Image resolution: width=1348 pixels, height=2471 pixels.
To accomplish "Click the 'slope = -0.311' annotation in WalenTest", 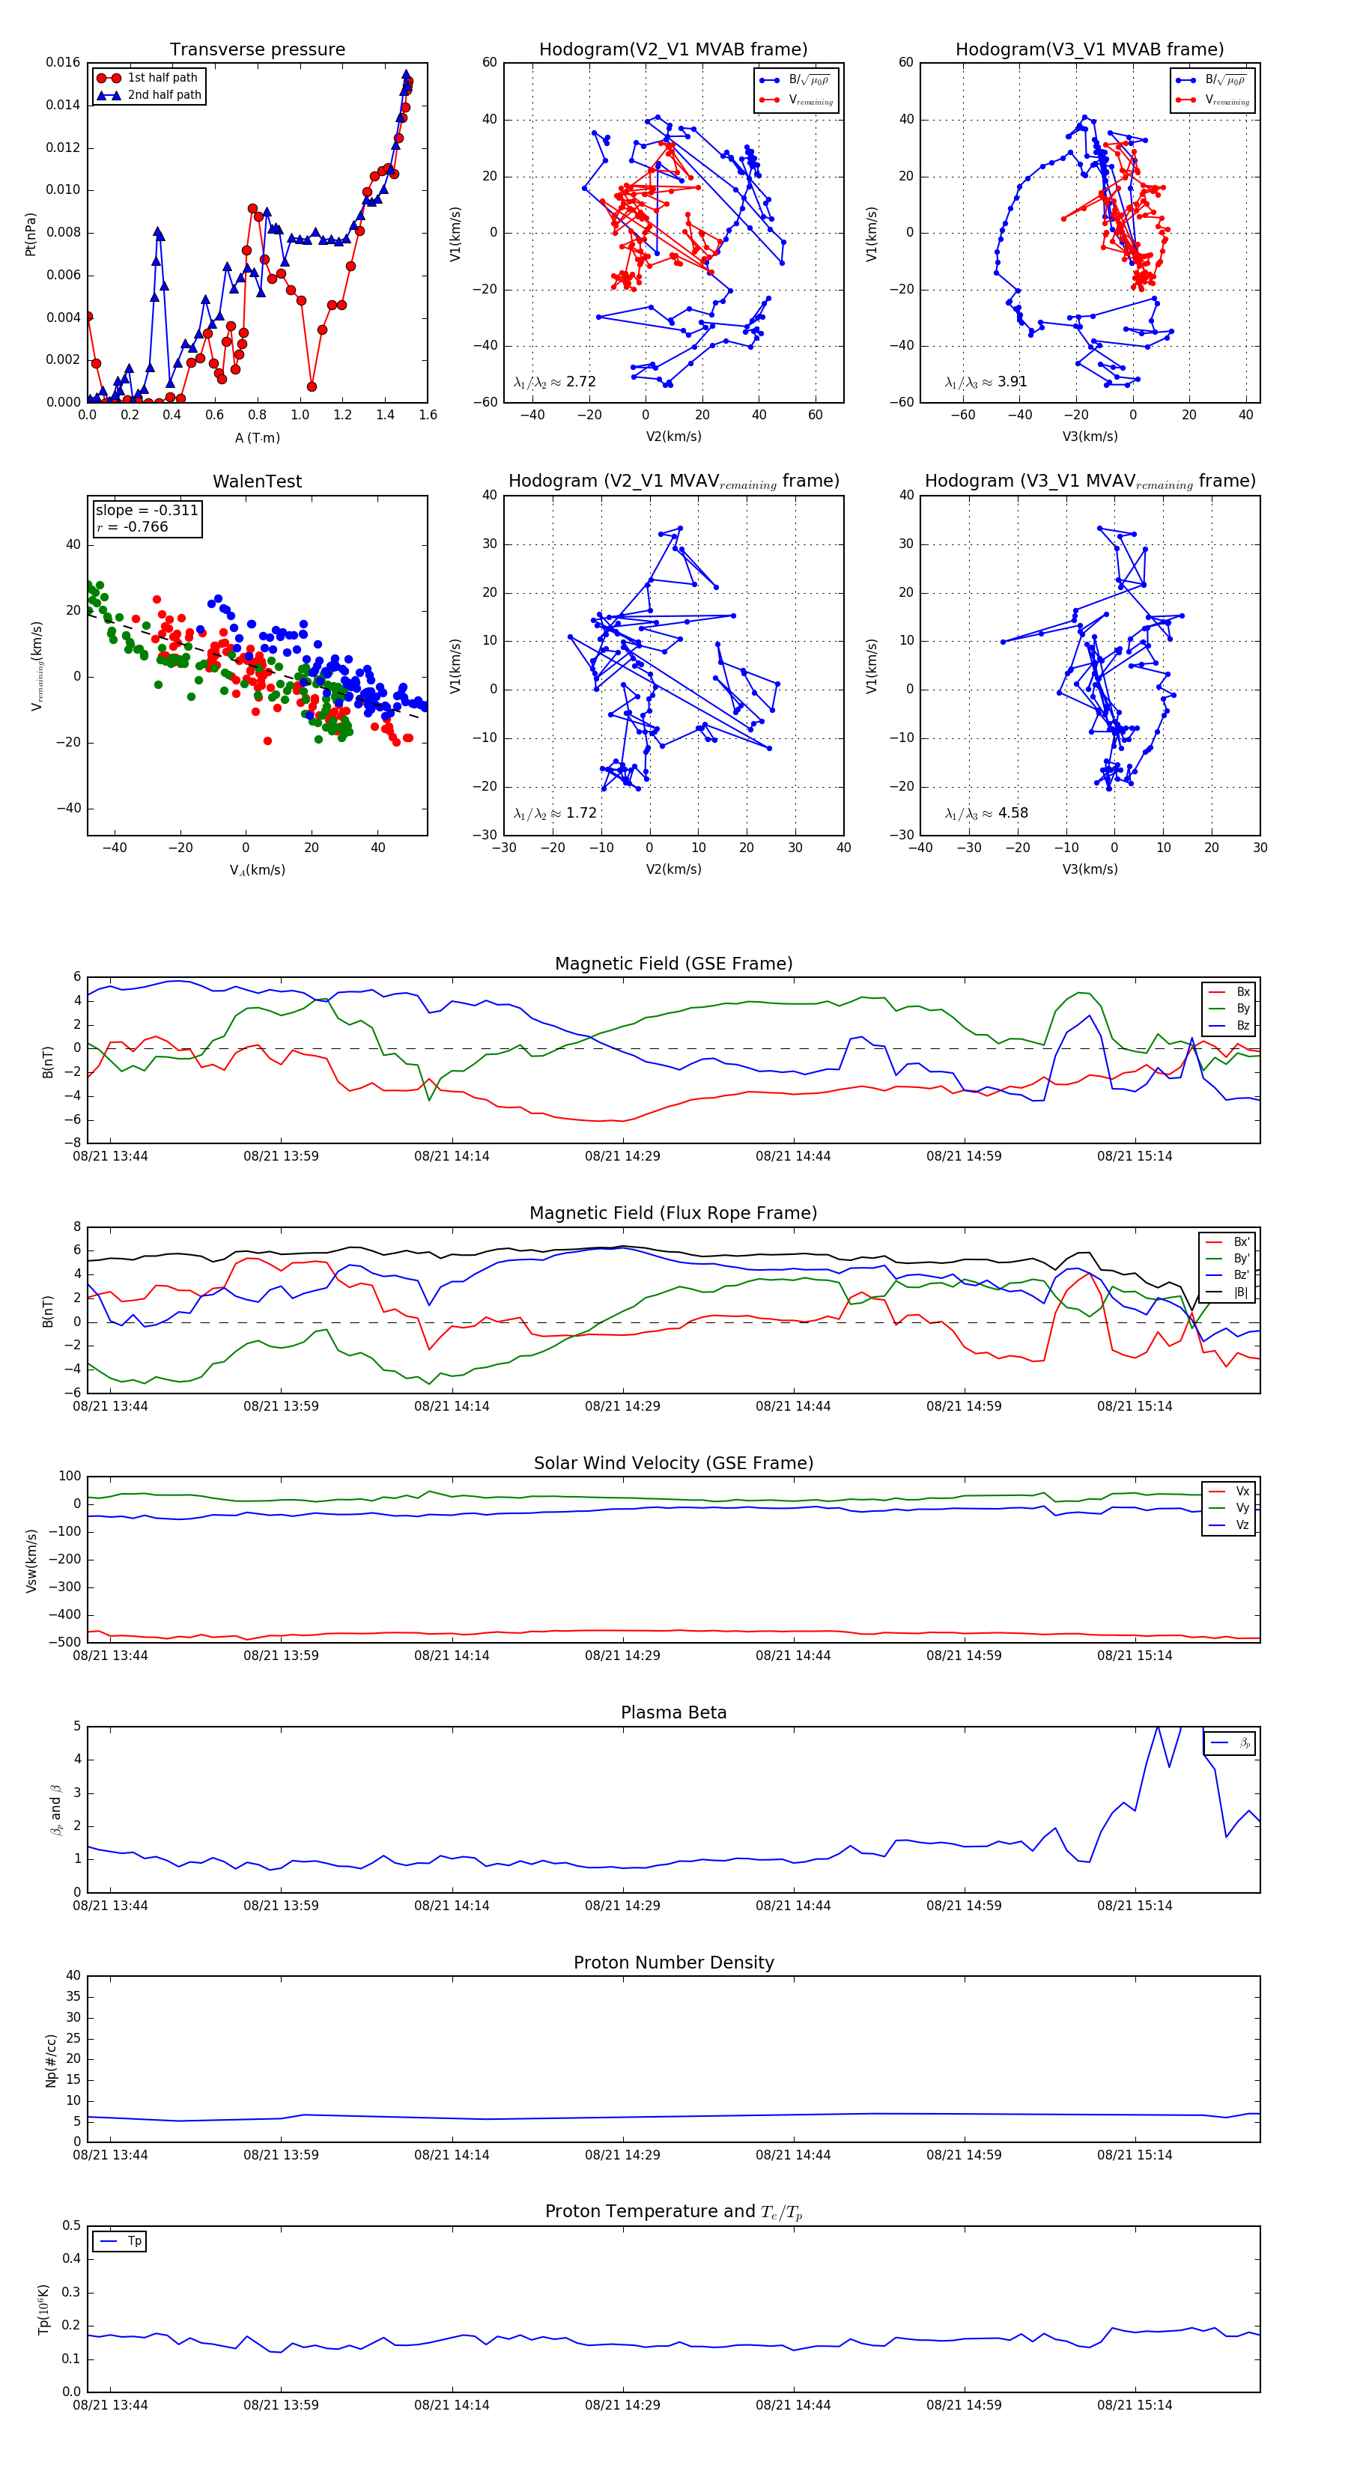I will pyautogui.click(x=147, y=511).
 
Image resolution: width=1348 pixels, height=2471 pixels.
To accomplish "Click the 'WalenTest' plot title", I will pyautogui.click(x=257, y=481).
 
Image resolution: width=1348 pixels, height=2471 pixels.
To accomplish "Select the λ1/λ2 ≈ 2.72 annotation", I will pyautogui.click(x=554, y=382).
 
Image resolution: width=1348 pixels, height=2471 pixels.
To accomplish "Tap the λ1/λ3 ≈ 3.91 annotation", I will pyautogui.click(x=986, y=382).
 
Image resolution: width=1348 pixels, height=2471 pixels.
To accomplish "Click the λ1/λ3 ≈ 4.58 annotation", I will pyautogui.click(x=986, y=813).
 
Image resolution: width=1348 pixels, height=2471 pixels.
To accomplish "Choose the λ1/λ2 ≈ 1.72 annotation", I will pyautogui.click(x=554, y=813).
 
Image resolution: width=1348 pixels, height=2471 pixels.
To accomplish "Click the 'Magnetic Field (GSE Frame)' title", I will pyautogui.click(x=673, y=964).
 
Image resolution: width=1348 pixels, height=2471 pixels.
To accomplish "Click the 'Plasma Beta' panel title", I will pyautogui.click(x=673, y=1713).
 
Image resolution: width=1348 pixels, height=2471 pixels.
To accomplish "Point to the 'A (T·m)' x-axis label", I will pyautogui.click(x=257, y=438).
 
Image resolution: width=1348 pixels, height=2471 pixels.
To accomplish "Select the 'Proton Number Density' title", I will pyautogui.click(x=673, y=1963).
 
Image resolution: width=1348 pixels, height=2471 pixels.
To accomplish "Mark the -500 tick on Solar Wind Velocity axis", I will pyautogui.click(x=66, y=1642).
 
